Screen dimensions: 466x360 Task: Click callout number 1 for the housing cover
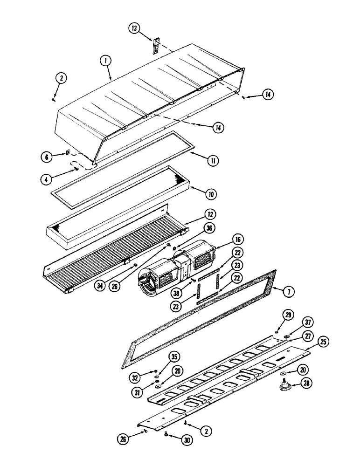click(x=105, y=61)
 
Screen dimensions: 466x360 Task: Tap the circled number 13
click(x=135, y=29)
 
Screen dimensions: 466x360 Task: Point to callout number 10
click(x=211, y=191)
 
